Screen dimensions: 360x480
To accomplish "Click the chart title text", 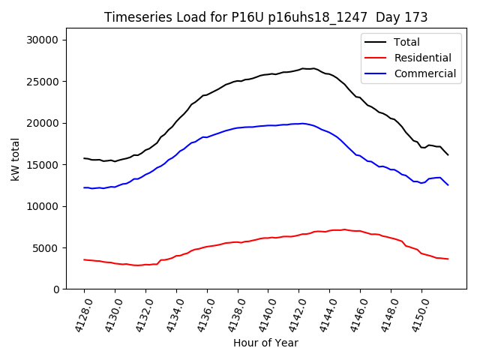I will tap(266, 17).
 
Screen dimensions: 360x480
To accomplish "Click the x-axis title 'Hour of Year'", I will tap(265, 343).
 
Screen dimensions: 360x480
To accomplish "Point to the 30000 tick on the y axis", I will tap(49, 40).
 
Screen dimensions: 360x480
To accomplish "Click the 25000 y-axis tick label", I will tap(49, 82).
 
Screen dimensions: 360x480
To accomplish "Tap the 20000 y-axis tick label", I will tap(49, 124).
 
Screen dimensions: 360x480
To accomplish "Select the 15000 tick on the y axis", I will tap(49, 165).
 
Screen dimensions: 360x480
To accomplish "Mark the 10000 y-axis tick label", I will tap(49, 207).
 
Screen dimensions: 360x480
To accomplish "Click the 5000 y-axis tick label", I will tap(52, 248).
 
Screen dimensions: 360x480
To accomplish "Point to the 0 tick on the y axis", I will tap(62, 289).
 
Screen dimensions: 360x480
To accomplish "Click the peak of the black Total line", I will tap(304, 68).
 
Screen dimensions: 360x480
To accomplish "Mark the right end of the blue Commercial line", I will tap(448, 184).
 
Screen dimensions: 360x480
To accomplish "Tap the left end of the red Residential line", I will tap(84, 259).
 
